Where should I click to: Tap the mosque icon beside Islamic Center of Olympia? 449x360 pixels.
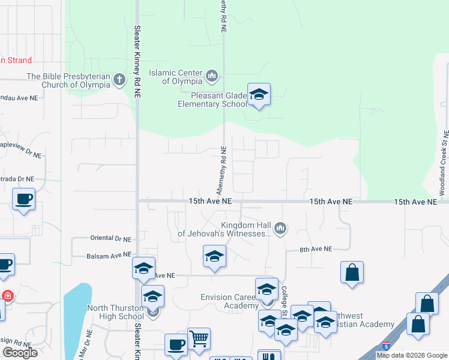click(211, 77)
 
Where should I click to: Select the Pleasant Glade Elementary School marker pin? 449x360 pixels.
click(259, 95)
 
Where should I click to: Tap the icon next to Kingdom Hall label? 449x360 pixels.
click(280, 228)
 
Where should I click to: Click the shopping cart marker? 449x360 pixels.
click(199, 340)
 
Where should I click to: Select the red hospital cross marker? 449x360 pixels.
click(7, 296)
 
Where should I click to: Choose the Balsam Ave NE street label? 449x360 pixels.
click(109, 255)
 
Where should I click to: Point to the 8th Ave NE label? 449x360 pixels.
click(316, 248)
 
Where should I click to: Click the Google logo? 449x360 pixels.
click(20, 352)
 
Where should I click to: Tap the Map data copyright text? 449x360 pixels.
click(412, 355)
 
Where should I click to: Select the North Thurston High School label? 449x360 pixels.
click(115, 312)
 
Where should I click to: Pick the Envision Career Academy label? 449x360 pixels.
click(229, 301)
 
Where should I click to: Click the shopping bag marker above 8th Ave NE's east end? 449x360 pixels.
click(352, 273)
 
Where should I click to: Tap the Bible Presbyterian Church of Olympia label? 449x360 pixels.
click(68, 80)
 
